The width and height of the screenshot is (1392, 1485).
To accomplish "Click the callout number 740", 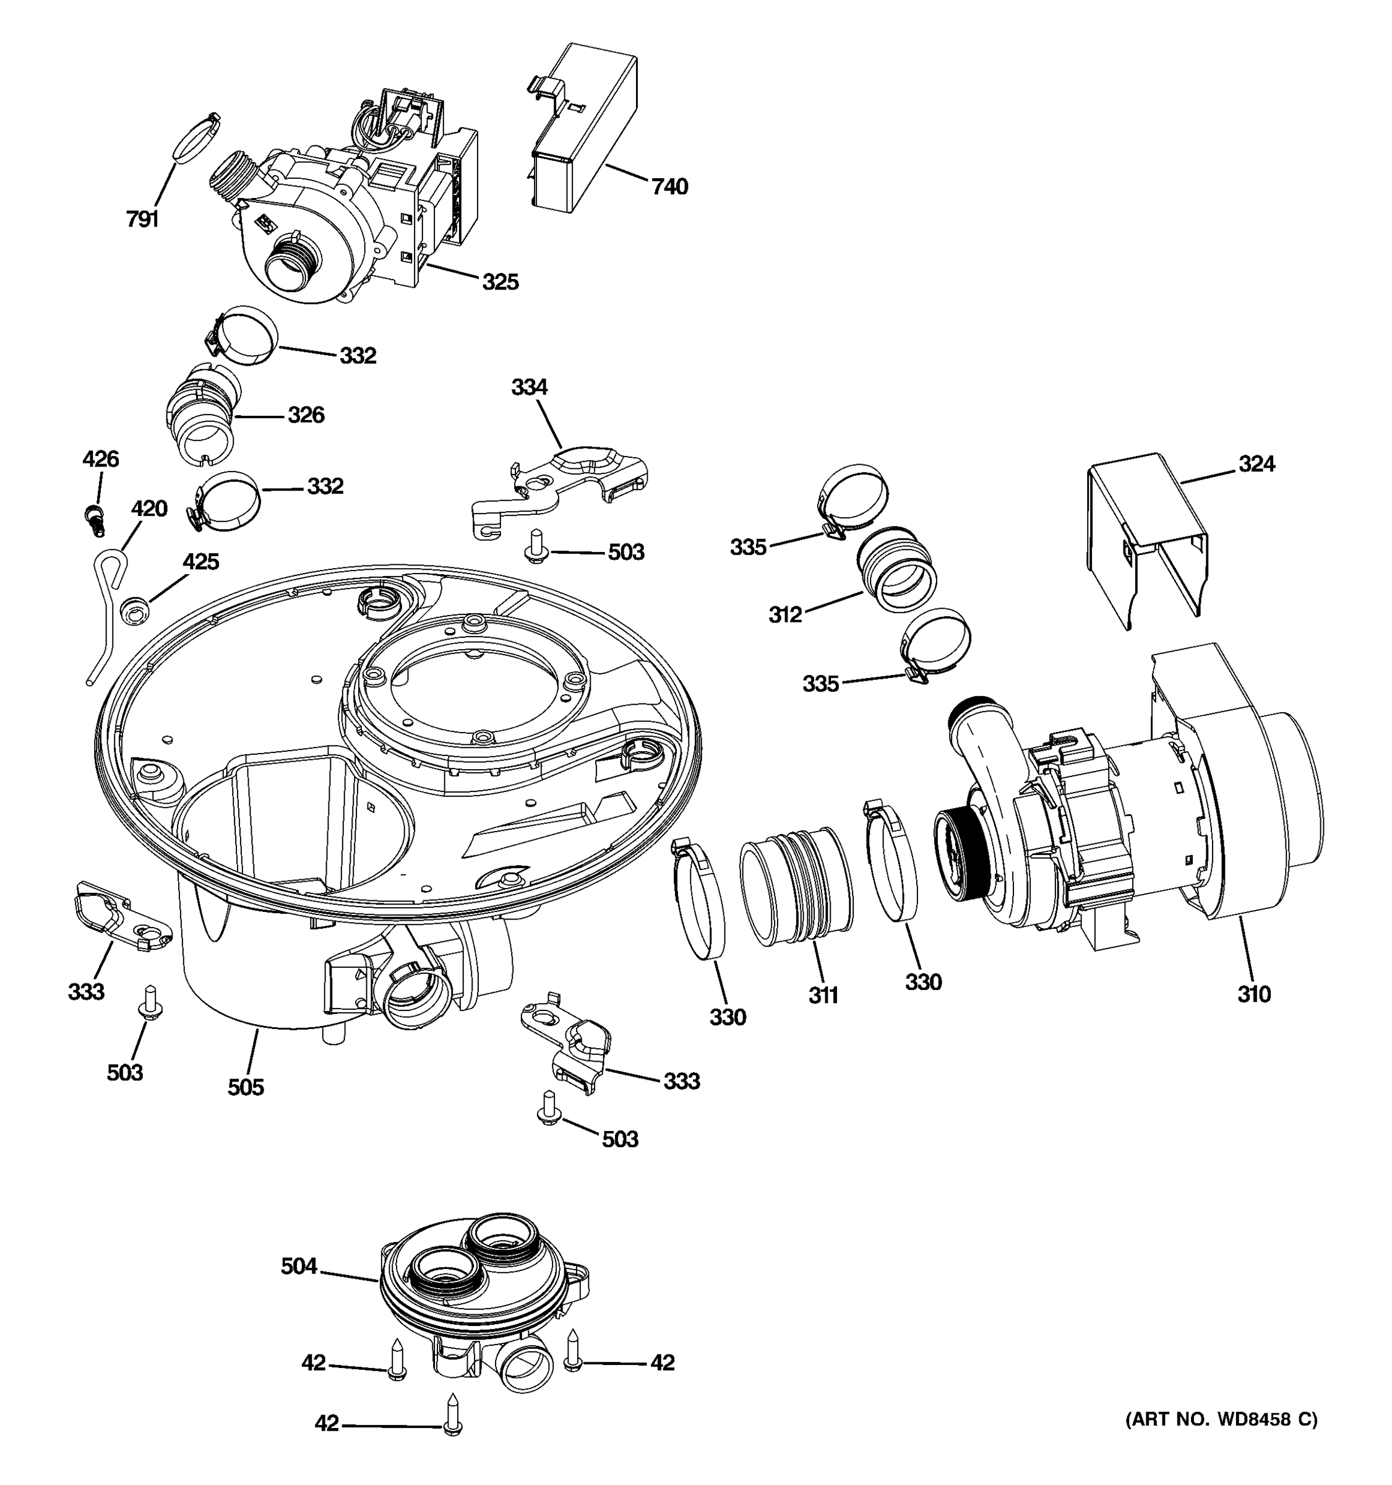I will pyautogui.click(x=669, y=187).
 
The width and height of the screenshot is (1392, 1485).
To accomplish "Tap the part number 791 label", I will pyautogui.click(x=142, y=219).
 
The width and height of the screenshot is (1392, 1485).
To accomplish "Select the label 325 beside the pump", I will pyautogui.click(x=500, y=282).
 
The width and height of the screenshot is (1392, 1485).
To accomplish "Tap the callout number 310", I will pyautogui.click(x=1254, y=994).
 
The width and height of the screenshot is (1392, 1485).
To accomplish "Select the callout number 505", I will pyautogui.click(x=246, y=1087).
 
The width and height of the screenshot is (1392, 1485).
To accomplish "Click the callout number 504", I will pyautogui.click(x=299, y=1266).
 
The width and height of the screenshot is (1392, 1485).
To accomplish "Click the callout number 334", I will pyautogui.click(x=529, y=387).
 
